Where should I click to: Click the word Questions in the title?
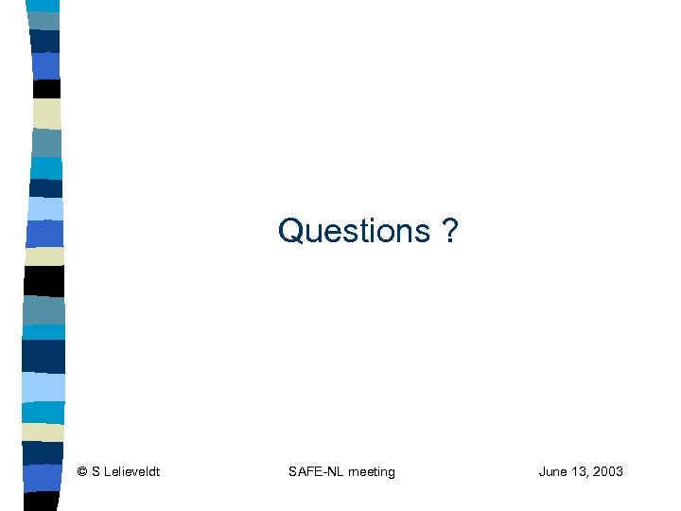click(x=354, y=230)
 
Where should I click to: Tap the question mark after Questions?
click(x=449, y=230)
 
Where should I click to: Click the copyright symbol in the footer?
click(x=83, y=471)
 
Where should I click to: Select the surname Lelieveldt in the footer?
click(x=131, y=471)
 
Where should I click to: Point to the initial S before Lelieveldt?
click(x=96, y=471)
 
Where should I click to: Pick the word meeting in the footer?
click(x=372, y=471)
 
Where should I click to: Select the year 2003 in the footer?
click(x=608, y=471)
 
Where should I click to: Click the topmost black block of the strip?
click(x=46, y=89)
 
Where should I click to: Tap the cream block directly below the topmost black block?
click(x=46, y=114)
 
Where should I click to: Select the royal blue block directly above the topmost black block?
click(x=45, y=65)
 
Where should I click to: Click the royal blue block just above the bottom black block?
click(x=44, y=477)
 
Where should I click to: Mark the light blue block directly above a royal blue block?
click(x=44, y=208)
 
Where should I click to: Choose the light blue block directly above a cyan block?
click(x=44, y=386)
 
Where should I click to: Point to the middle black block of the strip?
click(x=44, y=280)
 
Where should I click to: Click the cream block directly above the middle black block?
click(x=44, y=256)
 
